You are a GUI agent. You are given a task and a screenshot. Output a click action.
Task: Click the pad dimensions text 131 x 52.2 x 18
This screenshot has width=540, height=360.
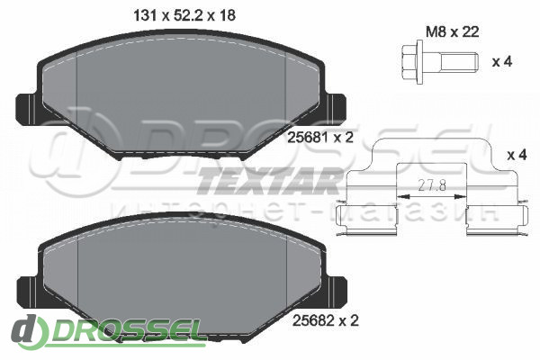coord(184,15)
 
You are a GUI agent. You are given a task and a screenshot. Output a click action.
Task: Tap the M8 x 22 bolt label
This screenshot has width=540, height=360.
coord(453,32)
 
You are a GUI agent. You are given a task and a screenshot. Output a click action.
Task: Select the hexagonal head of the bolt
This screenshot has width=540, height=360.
coord(409,62)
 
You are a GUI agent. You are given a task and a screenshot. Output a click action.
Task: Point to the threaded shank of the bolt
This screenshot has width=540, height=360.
coord(459,62)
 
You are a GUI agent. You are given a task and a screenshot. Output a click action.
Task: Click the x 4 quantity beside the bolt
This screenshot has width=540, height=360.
coord(502,62)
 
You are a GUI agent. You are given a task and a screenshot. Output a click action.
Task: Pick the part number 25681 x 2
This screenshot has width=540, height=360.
coord(320,138)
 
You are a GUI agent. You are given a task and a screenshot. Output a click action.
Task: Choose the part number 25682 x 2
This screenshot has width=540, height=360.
coord(326,320)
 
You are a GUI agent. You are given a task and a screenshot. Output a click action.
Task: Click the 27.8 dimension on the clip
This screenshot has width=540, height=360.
coord(432,186)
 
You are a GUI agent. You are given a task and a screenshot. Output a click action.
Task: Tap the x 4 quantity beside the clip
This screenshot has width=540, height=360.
coord(517,155)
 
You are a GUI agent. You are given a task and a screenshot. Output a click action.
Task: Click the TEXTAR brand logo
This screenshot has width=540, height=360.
coord(267,181)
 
